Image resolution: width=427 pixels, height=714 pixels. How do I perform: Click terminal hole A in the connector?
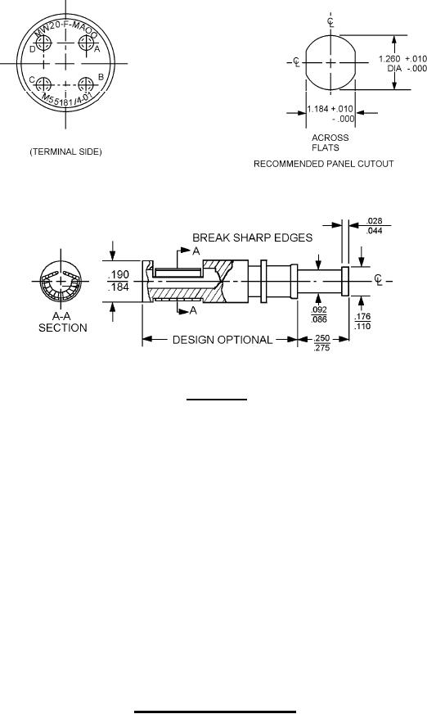86,43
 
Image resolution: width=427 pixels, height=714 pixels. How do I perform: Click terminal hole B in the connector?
86,84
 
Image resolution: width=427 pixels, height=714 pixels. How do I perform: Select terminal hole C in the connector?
43,84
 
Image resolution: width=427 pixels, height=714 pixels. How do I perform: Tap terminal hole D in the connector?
43,43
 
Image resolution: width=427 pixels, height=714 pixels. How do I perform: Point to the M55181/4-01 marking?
70,99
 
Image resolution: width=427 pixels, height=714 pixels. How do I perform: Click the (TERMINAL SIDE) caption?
66,151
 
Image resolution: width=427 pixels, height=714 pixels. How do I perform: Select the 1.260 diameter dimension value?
389,59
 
